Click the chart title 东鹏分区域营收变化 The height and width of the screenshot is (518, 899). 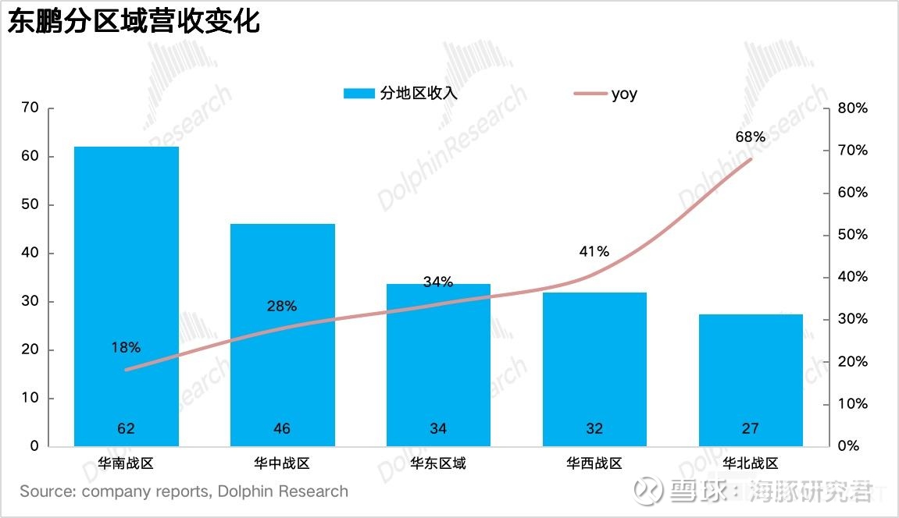point(133,21)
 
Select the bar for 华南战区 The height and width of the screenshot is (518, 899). point(127,296)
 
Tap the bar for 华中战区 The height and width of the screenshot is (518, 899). point(283,335)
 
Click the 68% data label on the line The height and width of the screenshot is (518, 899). point(750,137)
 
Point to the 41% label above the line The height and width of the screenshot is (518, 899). point(594,251)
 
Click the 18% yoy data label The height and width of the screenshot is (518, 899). point(126,347)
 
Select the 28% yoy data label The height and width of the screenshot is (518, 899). point(282,307)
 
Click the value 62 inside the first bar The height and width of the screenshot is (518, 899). point(127,428)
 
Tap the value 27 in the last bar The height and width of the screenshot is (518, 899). point(751,428)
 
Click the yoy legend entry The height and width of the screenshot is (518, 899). point(623,94)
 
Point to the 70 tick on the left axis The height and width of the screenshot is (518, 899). point(30,108)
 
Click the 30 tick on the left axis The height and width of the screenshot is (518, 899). point(30,302)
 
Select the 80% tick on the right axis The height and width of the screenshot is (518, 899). point(852,108)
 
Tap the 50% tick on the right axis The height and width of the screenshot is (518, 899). point(852,235)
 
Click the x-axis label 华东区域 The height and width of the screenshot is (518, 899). point(438,463)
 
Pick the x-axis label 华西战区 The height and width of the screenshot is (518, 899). point(594,463)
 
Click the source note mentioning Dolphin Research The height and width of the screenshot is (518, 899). point(184,491)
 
